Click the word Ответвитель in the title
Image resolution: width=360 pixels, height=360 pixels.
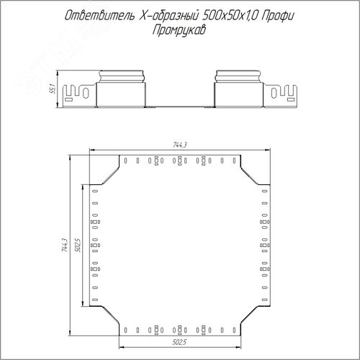(99, 16)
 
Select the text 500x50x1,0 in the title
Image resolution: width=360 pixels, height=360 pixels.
(230, 16)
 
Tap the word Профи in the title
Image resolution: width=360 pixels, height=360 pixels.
(278, 17)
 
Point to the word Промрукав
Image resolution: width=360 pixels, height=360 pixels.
(179, 30)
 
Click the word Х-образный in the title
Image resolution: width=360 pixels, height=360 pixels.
(168, 17)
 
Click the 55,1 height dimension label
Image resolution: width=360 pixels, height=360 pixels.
(53, 89)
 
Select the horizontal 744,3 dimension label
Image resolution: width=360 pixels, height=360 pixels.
(180, 145)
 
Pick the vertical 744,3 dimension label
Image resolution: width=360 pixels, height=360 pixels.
(65, 245)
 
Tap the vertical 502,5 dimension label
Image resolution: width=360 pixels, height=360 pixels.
(78, 245)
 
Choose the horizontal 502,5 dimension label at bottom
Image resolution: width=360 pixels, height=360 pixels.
(179, 342)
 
